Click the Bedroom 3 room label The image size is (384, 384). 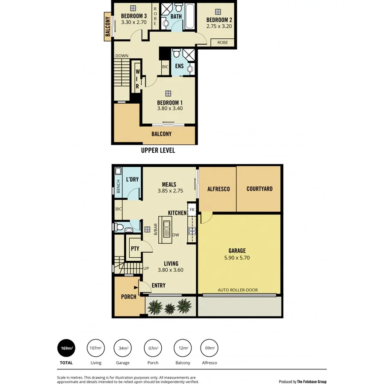(134, 16)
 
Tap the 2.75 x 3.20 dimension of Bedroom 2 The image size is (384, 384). (219, 26)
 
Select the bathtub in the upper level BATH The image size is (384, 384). (190, 16)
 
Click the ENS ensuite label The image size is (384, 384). (179, 66)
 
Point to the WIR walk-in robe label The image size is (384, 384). (137, 79)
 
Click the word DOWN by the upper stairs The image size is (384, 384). (122, 56)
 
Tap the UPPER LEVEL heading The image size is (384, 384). (158, 151)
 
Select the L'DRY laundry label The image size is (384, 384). (132, 179)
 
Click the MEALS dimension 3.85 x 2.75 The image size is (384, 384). (169, 191)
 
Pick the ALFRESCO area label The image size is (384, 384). (218, 189)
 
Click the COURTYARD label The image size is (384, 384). (259, 189)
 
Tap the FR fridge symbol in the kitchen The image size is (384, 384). (192, 210)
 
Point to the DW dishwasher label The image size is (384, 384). (175, 235)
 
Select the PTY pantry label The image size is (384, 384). (135, 249)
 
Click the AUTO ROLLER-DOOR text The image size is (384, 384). (238, 290)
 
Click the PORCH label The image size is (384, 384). (128, 297)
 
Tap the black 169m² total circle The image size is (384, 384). (66, 348)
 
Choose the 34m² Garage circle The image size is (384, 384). (123, 348)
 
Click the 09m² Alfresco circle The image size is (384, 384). (209, 348)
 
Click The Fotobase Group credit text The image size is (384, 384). (311, 382)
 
